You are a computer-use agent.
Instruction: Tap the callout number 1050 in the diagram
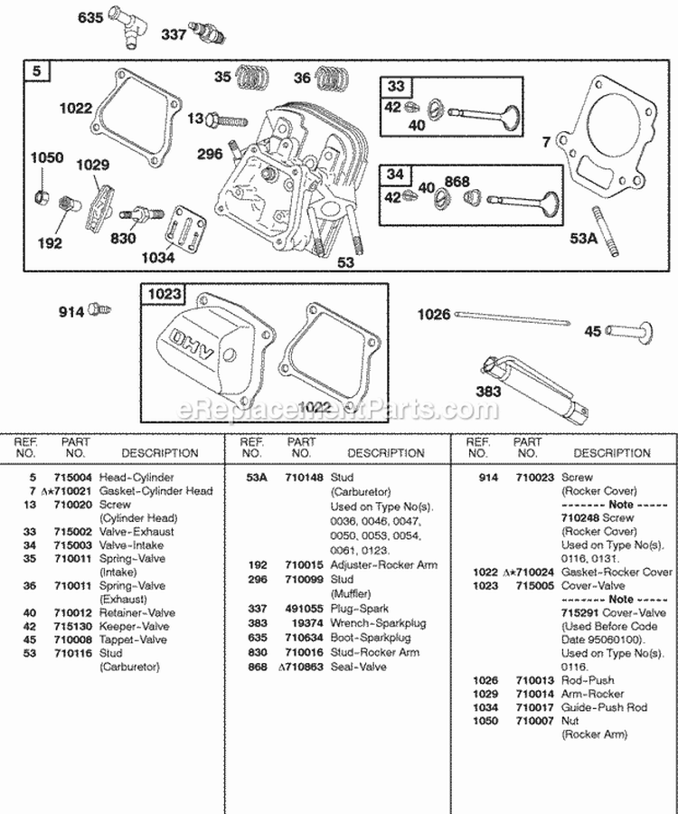tap(47, 157)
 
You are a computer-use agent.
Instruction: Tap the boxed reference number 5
tap(35, 70)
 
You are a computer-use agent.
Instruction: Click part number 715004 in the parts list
tap(75, 477)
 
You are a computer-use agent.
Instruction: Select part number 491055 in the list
tap(301, 609)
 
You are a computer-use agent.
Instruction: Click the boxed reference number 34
tap(395, 174)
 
